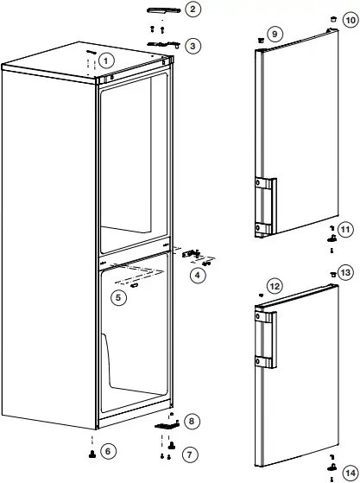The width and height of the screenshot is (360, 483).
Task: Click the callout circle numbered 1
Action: point(105,60)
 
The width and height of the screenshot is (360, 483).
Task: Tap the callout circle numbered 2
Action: point(193,10)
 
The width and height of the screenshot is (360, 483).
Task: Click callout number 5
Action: point(120,297)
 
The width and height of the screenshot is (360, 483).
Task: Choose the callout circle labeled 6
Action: point(107,451)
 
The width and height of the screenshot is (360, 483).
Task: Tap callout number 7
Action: point(191,454)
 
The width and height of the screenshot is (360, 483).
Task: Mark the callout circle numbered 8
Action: point(192,421)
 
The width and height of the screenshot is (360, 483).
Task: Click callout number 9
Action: point(274,34)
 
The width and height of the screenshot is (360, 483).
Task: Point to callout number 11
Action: point(346,230)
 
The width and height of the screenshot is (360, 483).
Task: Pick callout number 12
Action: point(275,286)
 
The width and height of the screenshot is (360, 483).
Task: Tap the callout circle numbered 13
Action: point(346,272)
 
